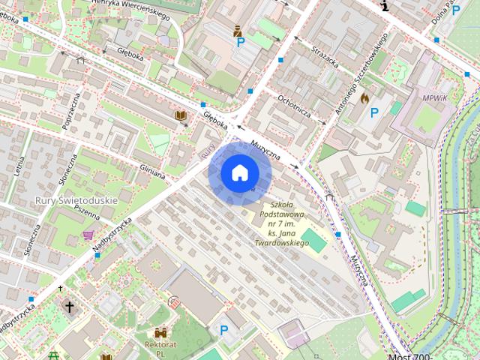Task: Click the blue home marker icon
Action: pyautogui.click(x=239, y=173)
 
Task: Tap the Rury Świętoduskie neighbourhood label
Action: pyautogui.click(x=76, y=201)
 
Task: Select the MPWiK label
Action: pyautogui.click(x=434, y=98)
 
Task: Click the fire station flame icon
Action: pyautogui.click(x=364, y=97)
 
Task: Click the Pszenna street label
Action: pyautogui.click(x=88, y=212)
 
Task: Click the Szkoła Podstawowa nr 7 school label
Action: pyautogui.click(x=281, y=223)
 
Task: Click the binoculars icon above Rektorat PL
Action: pyautogui.click(x=160, y=331)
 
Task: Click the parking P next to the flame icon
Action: pyautogui.click(x=374, y=113)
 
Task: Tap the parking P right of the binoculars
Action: pyautogui.click(x=223, y=329)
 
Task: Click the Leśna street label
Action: pyautogui.click(x=18, y=161)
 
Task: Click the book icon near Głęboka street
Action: pyautogui.click(x=180, y=115)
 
